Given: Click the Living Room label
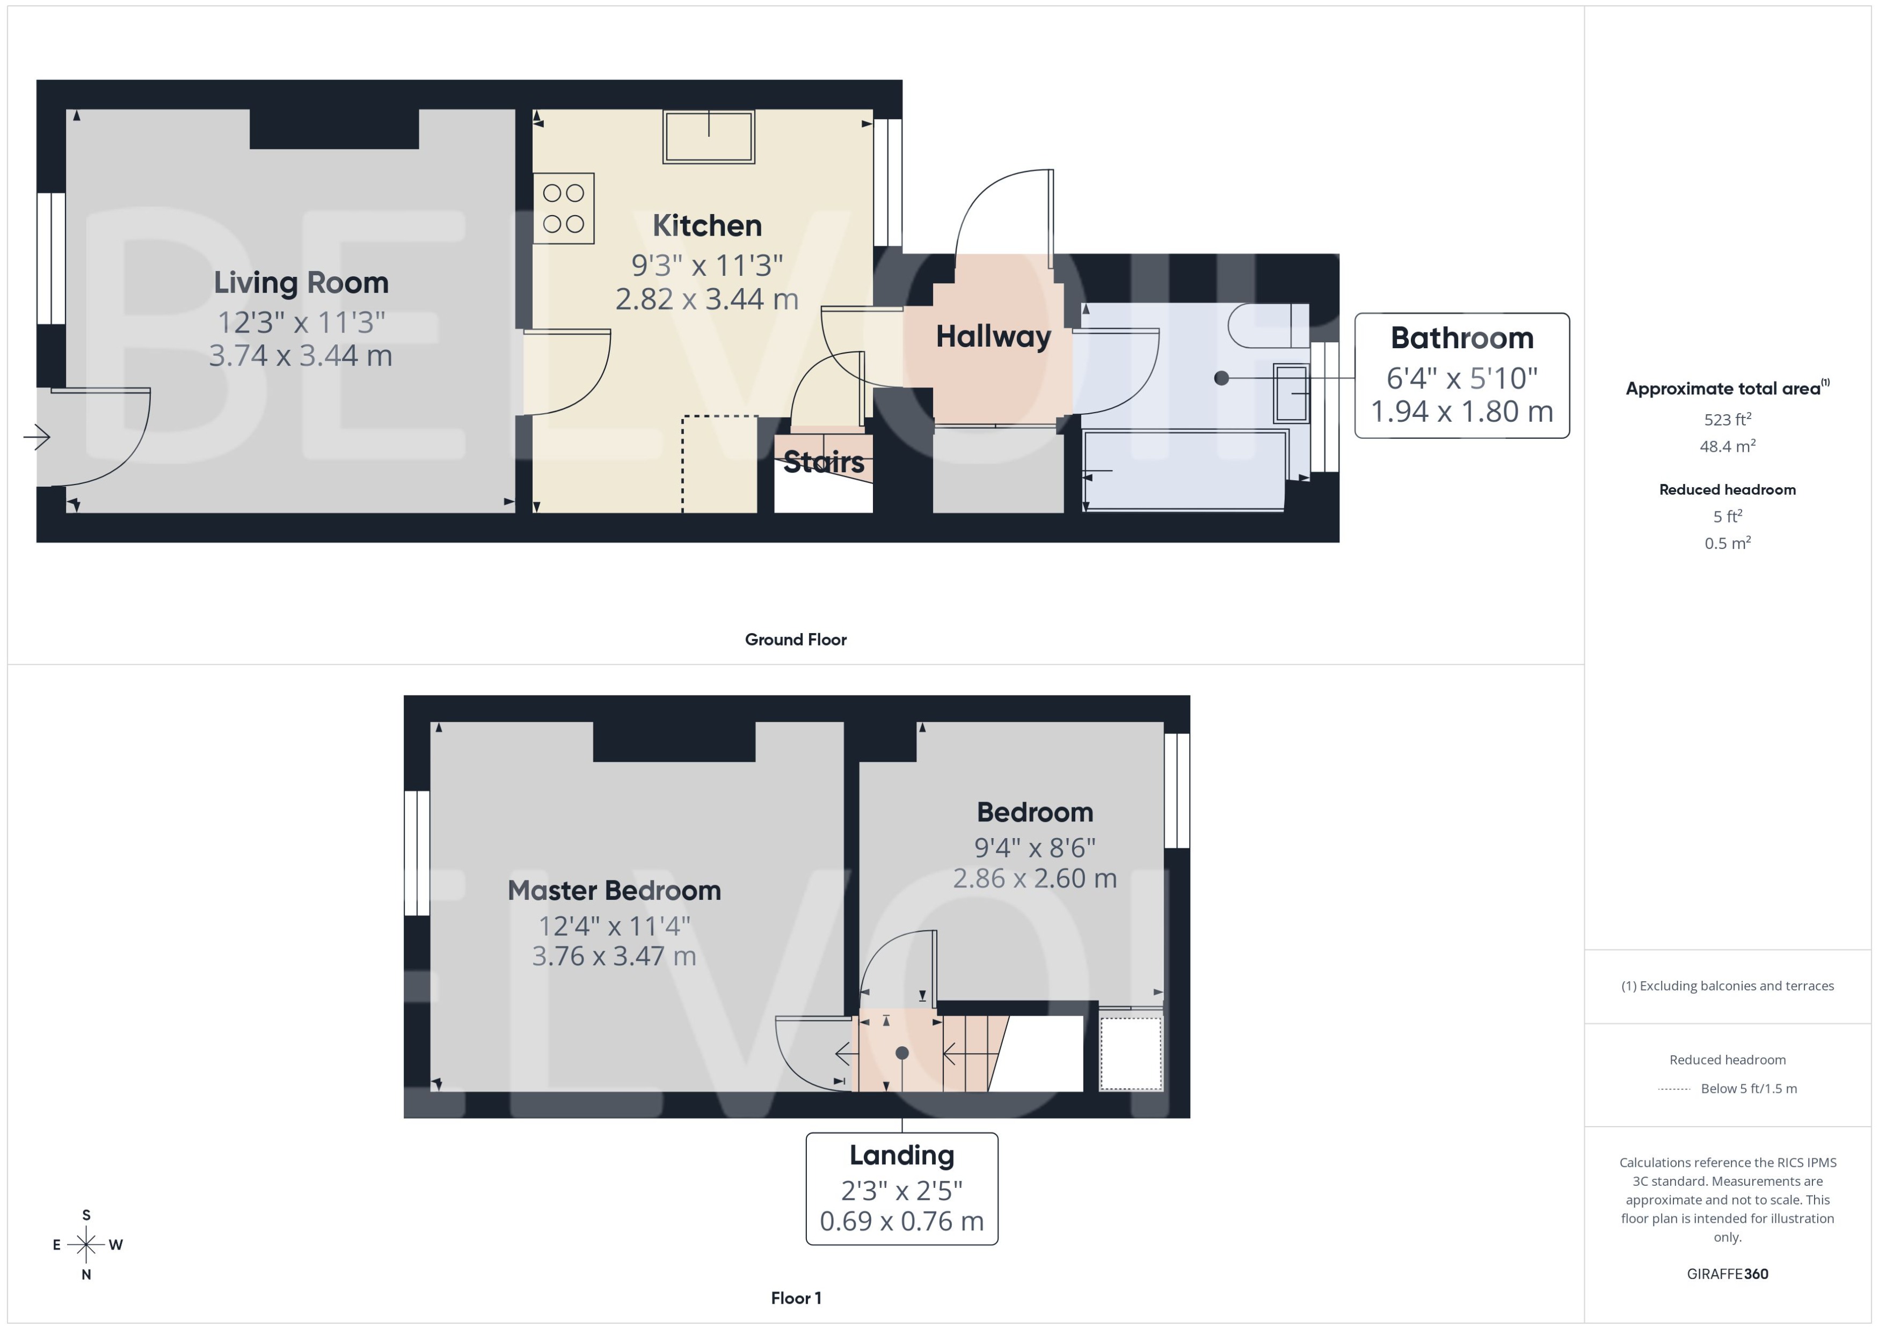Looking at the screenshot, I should tap(301, 282).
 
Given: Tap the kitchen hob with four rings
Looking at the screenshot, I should tap(563, 208).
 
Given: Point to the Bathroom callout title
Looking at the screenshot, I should tap(1461, 338).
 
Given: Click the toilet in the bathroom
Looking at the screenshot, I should tap(1265, 326).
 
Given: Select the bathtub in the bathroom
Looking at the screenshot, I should tap(1184, 471).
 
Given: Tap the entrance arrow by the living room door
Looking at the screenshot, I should tap(37, 437).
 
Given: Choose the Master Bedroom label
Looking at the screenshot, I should tap(614, 890).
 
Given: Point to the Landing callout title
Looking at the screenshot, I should tap(901, 1155).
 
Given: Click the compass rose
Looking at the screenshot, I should tap(86, 1245).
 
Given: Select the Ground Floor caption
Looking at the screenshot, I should tap(795, 639).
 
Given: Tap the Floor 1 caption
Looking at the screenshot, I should tap(795, 1298).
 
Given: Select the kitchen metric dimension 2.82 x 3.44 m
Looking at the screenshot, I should tap(707, 299).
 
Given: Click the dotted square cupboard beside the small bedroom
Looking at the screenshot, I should tap(1131, 1053).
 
